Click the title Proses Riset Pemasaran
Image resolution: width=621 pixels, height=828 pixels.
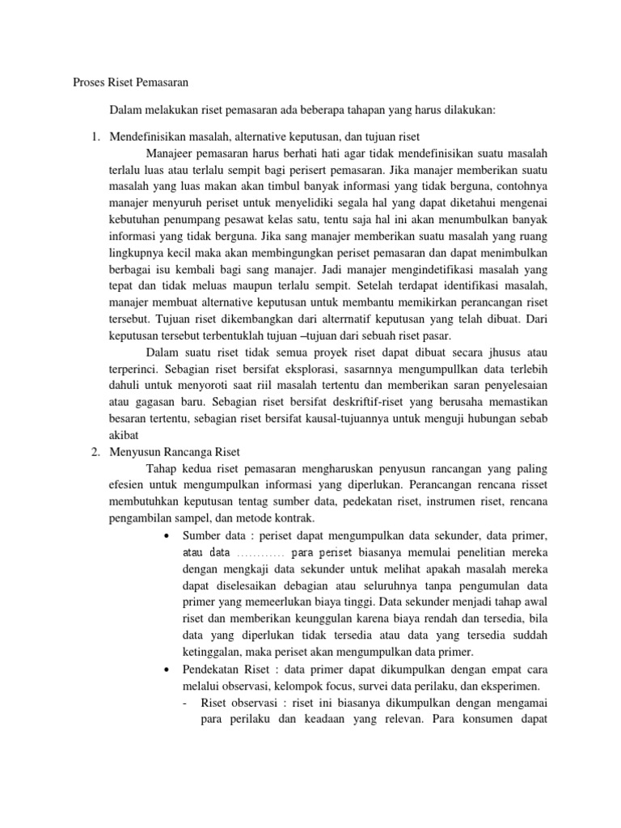click(x=125, y=82)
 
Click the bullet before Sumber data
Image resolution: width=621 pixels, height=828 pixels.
click(x=166, y=536)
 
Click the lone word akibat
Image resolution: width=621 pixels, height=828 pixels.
click(x=124, y=434)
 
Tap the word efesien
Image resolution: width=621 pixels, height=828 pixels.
click(x=129, y=485)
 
